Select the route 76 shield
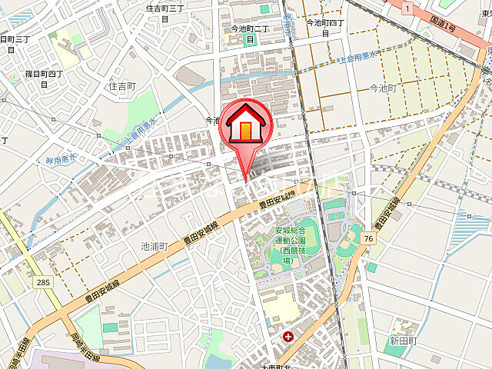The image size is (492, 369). point(370,239)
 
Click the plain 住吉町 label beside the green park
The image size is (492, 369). point(121,87)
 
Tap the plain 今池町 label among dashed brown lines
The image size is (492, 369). point(382,89)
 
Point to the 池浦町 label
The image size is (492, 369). point(153,246)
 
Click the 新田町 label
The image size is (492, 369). point(402,341)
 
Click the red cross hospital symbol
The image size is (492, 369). point(287,337)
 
